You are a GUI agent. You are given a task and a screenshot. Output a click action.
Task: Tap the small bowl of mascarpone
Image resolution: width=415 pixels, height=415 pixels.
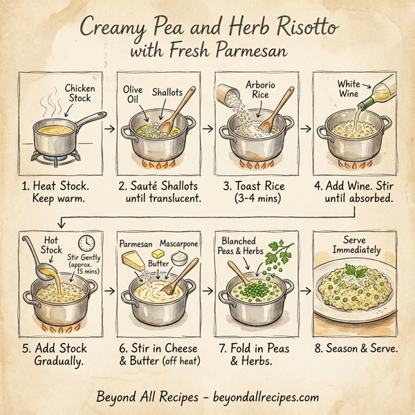pos(178,259)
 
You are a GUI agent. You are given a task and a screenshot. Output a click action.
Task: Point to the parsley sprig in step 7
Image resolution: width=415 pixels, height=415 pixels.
pos(282,255)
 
